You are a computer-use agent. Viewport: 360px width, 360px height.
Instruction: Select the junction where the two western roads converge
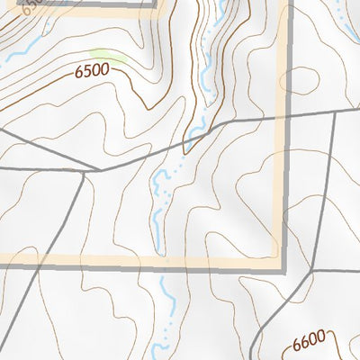point(99,169)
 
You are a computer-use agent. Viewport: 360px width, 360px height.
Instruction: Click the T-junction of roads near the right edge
point(335,114)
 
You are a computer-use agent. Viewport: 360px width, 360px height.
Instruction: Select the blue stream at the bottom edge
point(163,346)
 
